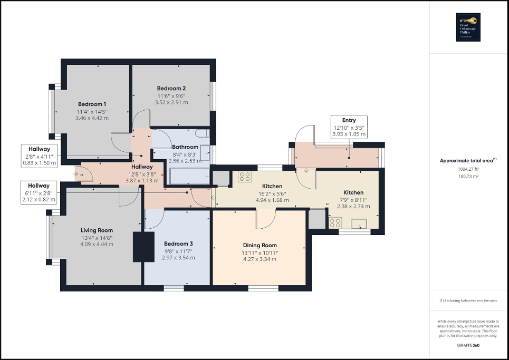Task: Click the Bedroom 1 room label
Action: tap(92, 104)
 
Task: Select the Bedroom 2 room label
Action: tap(171, 89)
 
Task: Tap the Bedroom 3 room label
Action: tap(178, 244)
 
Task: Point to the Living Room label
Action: tap(97, 230)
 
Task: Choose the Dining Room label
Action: tap(260, 245)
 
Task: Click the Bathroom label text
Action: tap(185, 147)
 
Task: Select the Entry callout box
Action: tap(349, 127)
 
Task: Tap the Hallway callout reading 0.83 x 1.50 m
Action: tap(39, 156)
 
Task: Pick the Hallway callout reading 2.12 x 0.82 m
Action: tap(39, 192)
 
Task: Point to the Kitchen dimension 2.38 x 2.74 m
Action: tap(353, 207)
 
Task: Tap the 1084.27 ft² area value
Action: tap(468, 169)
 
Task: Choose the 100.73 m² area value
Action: tap(468, 177)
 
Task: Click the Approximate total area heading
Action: tap(468, 161)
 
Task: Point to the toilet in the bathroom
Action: tap(202, 134)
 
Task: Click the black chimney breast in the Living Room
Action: tap(137, 247)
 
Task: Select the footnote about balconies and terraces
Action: tap(468, 300)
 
